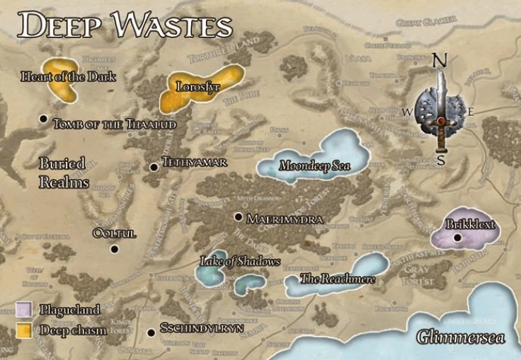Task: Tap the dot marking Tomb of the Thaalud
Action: coord(44,120)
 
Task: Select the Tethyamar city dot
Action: coord(154,167)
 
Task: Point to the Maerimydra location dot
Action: coord(239,217)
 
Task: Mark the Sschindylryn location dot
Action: coord(150,332)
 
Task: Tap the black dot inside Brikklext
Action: coord(458,237)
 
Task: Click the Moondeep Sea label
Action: coord(314,166)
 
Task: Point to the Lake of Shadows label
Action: coord(231,262)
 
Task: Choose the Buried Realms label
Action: coord(64,172)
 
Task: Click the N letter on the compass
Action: coord(440,62)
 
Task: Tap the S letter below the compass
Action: coord(441,160)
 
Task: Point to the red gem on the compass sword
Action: coord(442,121)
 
